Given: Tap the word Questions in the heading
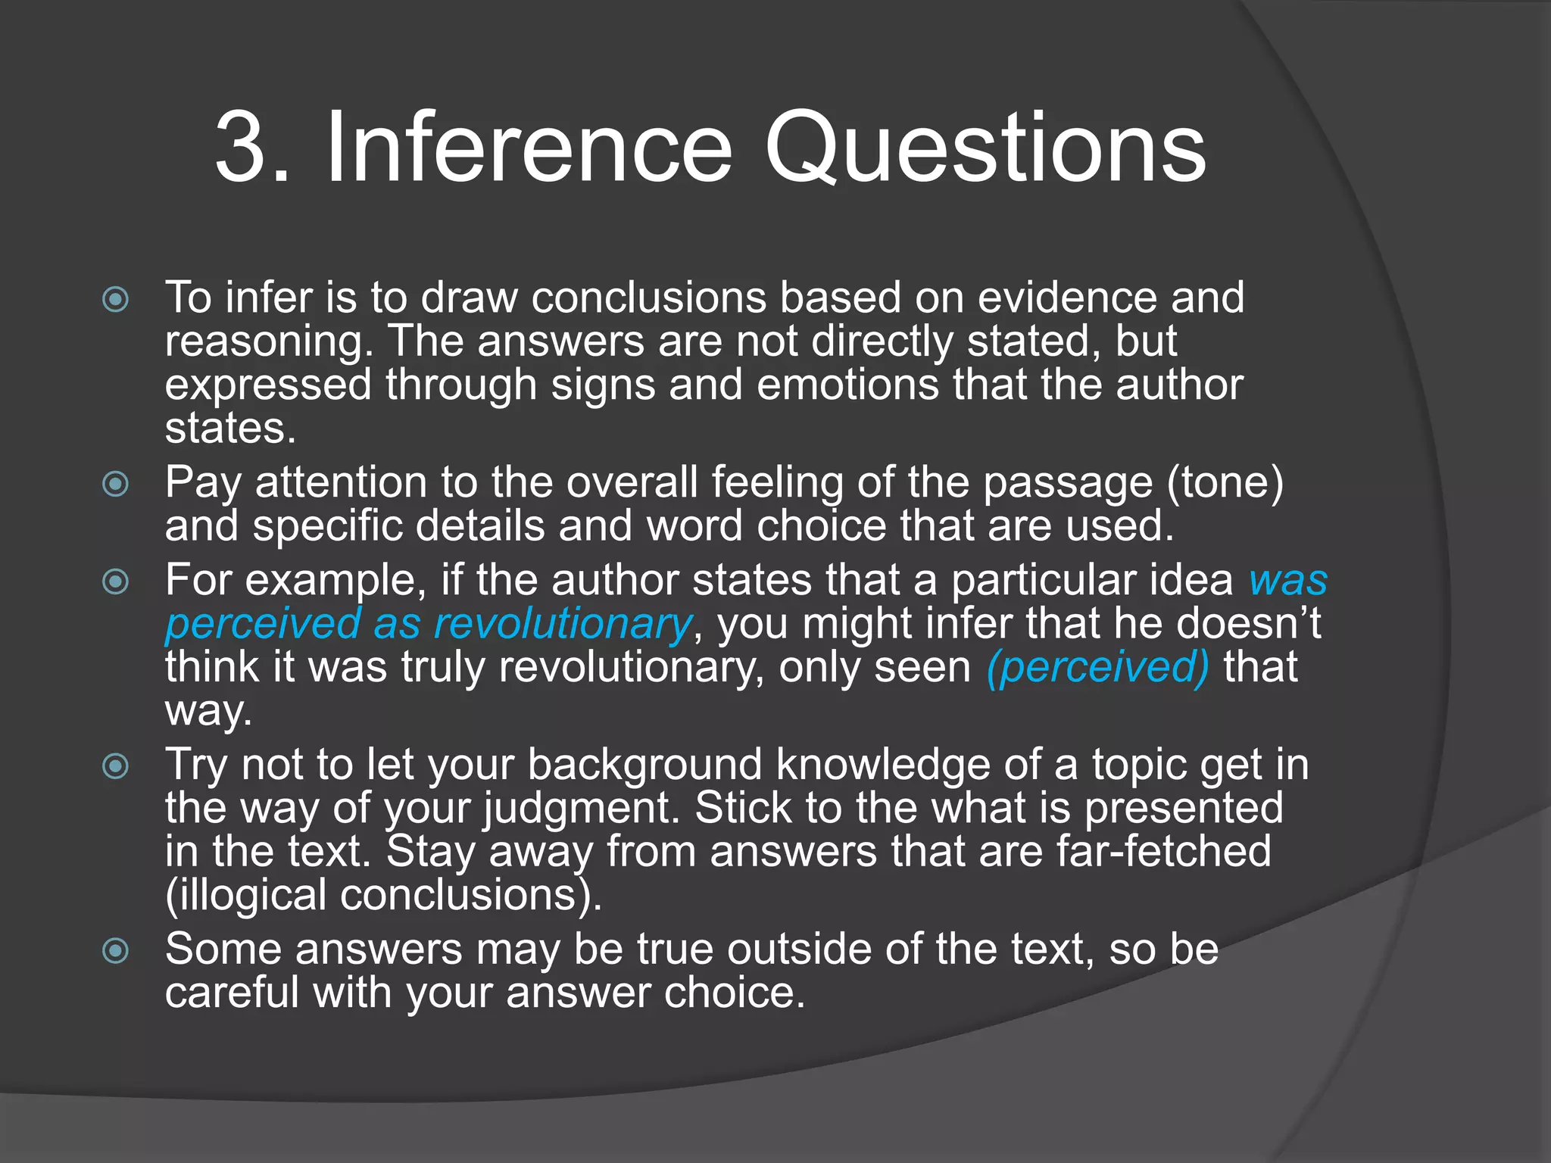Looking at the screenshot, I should pyautogui.click(x=985, y=148).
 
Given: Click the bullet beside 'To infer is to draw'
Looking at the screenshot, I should pyautogui.click(x=115, y=299).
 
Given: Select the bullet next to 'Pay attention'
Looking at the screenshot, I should pyautogui.click(x=115, y=484).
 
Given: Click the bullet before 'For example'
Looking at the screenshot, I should pyautogui.click(x=115, y=581).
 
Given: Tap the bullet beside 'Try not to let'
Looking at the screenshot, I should pyautogui.click(x=115, y=766).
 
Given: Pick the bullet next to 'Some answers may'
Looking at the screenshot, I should pyautogui.click(x=115, y=950).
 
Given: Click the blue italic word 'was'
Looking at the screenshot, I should pyautogui.click(x=1287, y=581).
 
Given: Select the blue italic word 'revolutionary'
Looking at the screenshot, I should pyautogui.click(x=562, y=625).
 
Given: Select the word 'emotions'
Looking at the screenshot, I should pyautogui.click(x=847, y=385).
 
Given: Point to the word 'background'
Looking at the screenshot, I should pyautogui.click(x=644, y=765).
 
